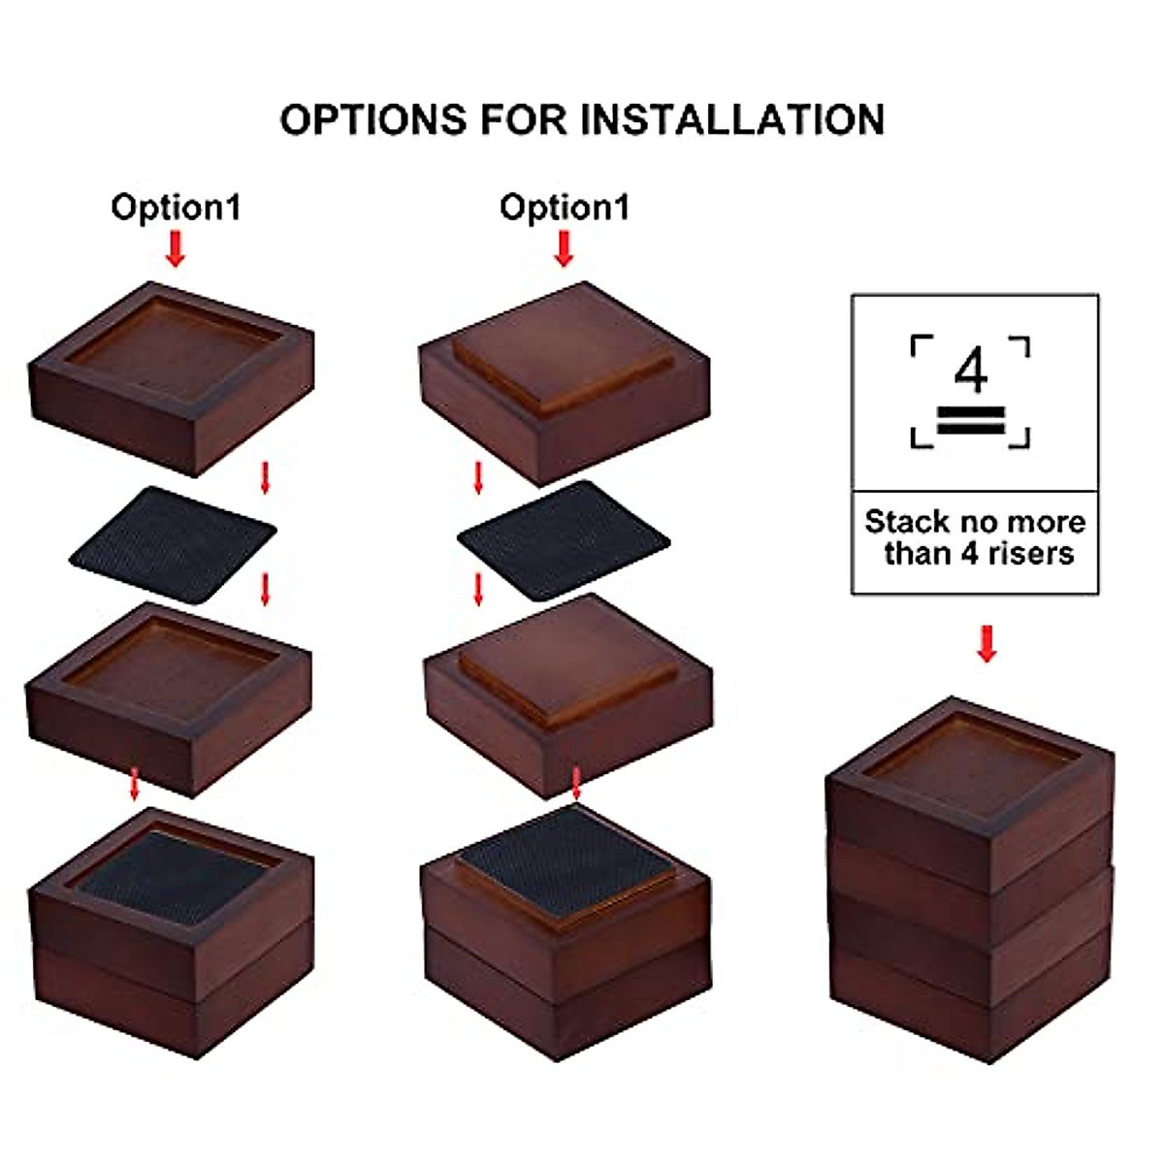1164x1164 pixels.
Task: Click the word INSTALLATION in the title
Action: tap(732, 120)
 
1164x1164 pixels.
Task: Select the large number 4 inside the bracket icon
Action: tap(970, 370)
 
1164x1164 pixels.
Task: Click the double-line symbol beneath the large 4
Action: tap(970, 422)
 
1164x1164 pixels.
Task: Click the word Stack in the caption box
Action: tap(907, 522)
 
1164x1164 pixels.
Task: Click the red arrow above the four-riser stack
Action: tap(986, 644)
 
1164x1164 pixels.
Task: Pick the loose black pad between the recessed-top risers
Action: tap(173, 543)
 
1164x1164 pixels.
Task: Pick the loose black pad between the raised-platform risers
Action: tap(564, 539)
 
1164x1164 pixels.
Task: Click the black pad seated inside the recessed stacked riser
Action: tap(175, 876)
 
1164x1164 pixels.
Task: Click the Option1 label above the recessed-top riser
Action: tap(176, 208)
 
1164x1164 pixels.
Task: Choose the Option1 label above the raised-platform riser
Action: tap(565, 208)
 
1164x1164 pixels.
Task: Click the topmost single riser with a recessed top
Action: tap(172, 378)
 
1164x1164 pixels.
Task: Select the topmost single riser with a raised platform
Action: tap(565, 383)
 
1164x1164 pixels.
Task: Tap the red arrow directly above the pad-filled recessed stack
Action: tap(136, 785)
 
